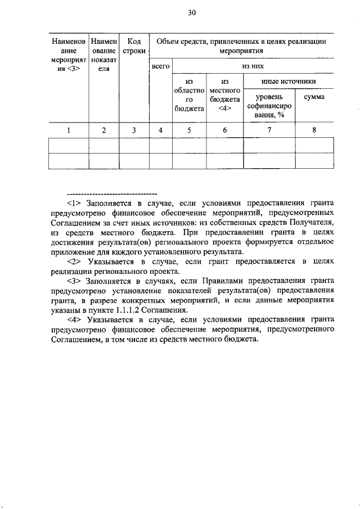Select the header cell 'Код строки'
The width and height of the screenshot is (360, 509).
click(x=134, y=46)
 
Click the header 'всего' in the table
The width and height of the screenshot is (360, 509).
click(x=161, y=66)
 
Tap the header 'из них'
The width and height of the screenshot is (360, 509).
click(x=253, y=66)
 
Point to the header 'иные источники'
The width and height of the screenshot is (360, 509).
click(x=288, y=82)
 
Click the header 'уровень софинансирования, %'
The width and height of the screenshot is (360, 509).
click(x=269, y=106)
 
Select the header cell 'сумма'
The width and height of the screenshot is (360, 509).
click(x=314, y=97)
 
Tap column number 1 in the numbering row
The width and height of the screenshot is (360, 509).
click(x=69, y=130)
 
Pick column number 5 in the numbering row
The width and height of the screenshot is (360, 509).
click(x=189, y=130)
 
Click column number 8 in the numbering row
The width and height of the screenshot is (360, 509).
click(x=314, y=130)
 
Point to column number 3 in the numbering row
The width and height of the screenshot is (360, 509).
click(x=134, y=130)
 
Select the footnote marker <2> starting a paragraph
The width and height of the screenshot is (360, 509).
click(x=75, y=262)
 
